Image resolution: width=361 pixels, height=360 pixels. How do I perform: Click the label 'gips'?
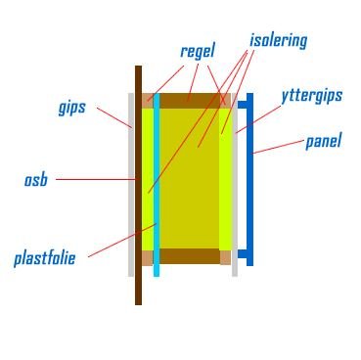point(71,107)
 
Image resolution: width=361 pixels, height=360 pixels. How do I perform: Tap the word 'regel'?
point(197,51)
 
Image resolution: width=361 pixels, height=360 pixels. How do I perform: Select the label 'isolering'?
point(278,40)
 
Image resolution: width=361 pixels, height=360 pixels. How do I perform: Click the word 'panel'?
point(323,141)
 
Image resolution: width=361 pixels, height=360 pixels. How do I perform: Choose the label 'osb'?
point(35,180)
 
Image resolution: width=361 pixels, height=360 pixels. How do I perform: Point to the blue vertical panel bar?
point(250,181)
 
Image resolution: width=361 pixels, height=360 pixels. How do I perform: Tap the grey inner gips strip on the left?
point(131,225)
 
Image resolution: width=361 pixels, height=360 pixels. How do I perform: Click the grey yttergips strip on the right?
point(235,225)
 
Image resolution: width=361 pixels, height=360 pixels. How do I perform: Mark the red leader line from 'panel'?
point(279,146)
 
